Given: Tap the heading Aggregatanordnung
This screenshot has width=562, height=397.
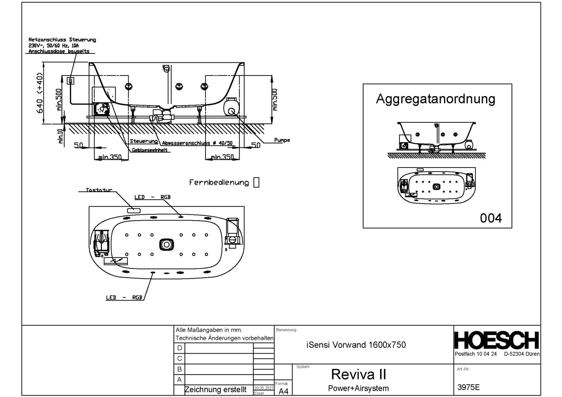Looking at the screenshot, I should pyautogui.click(x=435, y=99).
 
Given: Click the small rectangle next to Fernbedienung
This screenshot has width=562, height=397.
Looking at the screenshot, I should pyautogui.click(x=257, y=182).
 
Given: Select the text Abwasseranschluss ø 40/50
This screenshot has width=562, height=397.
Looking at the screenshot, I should pyautogui.click(x=197, y=143).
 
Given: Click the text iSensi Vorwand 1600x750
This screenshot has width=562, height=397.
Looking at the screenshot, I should pyautogui.click(x=356, y=345).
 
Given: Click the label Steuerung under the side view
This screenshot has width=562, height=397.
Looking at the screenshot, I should pyautogui.click(x=144, y=142).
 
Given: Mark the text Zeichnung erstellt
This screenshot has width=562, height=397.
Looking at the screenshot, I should pyautogui.click(x=214, y=390).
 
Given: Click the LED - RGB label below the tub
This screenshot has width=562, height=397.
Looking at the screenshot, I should pyautogui.click(x=124, y=297).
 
